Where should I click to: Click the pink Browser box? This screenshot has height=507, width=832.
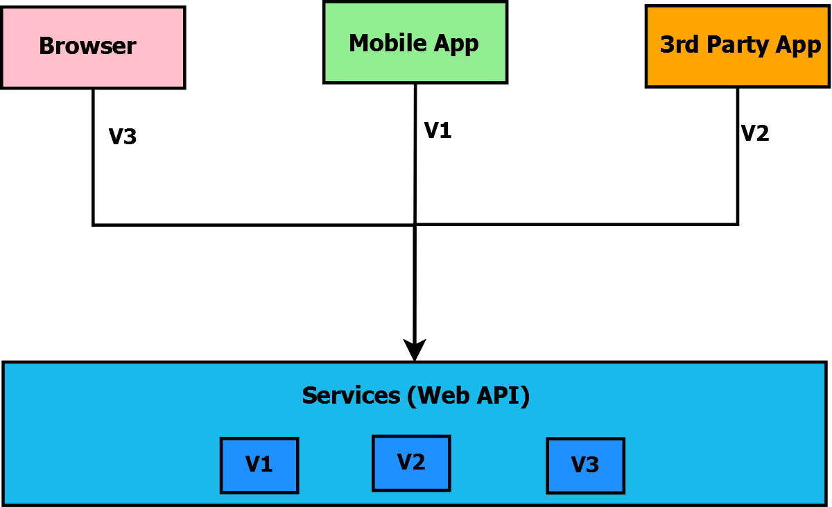pyautogui.click(x=93, y=47)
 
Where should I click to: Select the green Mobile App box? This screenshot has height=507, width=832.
pyautogui.click(x=415, y=42)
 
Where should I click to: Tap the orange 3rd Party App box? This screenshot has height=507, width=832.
pyautogui.click(x=738, y=46)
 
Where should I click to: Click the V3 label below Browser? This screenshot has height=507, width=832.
pyautogui.click(x=123, y=137)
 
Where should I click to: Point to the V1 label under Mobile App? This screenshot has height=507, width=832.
pyautogui.click(x=437, y=130)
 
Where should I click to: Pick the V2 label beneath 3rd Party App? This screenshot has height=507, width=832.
pyautogui.click(x=755, y=133)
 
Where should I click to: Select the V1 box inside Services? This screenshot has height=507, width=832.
pyautogui.click(x=259, y=465)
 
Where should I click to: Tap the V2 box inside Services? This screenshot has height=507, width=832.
pyautogui.click(x=411, y=463)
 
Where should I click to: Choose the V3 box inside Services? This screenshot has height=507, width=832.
pyautogui.click(x=585, y=465)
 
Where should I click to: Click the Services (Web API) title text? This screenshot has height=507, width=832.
pyautogui.click(x=416, y=395)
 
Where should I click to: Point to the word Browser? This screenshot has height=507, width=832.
pyautogui.click(x=87, y=46)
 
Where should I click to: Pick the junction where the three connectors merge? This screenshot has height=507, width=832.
pyautogui.click(x=415, y=224)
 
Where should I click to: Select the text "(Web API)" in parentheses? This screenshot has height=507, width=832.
pyautogui.click(x=469, y=395)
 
